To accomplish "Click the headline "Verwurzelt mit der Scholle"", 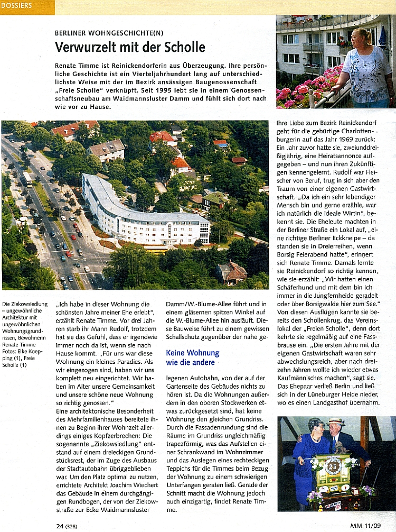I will pyautogui.click(x=130, y=47).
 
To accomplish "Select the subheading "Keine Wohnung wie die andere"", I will pyautogui.click(x=193, y=357).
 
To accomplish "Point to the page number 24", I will pyautogui.click(x=60, y=526).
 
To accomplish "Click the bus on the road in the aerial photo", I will pyautogui.click(x=26, y=179).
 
